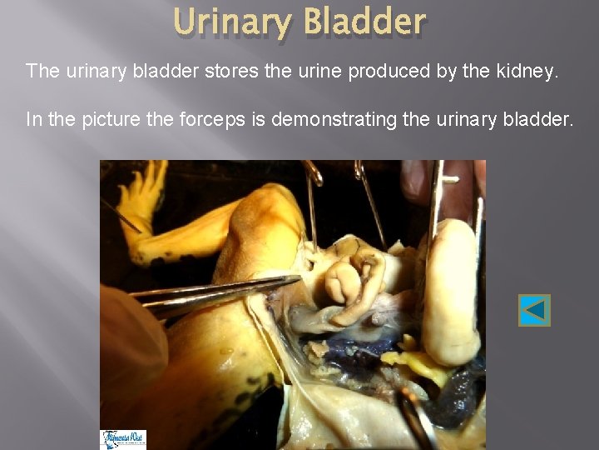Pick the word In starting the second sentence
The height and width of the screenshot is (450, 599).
34,120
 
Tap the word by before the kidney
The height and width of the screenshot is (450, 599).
448,72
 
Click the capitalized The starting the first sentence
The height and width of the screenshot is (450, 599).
42,71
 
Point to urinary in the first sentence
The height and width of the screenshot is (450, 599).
91,71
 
